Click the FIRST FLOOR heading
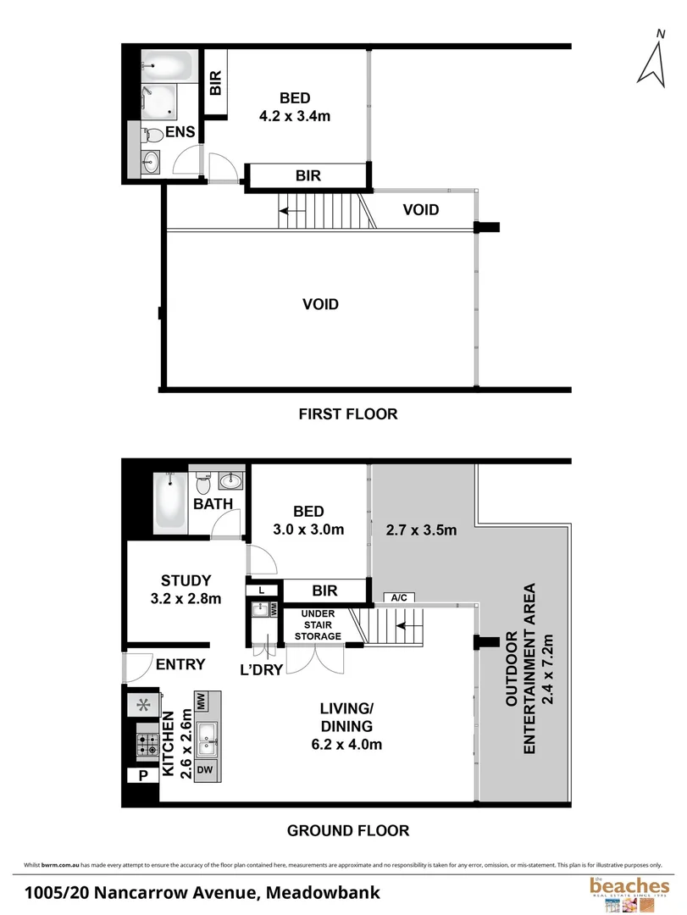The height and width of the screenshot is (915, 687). tap(347, 414)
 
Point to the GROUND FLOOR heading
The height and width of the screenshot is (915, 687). tap(347, 830)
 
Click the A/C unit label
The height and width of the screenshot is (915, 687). tap(398, 597)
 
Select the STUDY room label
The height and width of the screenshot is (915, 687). tap(186, 580)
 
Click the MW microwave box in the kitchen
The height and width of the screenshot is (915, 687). tap(202, 701)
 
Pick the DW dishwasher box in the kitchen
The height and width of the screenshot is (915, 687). tap(204, 770)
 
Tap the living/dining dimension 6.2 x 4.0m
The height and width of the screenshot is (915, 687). tap(347, 745)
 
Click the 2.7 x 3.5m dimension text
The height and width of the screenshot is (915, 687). tap(421, 531)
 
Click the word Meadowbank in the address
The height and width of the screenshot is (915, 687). tap(323, 892)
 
